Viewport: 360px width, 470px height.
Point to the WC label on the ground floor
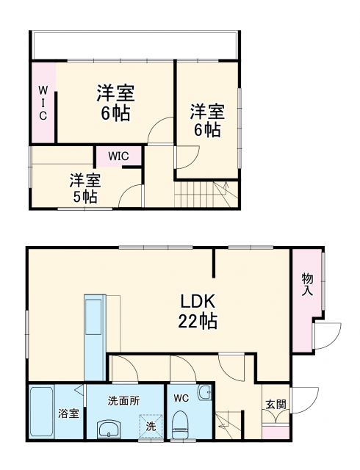(x=181, y=399)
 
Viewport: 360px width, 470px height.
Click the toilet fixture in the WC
(x=180, y=424)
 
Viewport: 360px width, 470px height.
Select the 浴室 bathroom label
(x=68, y=413)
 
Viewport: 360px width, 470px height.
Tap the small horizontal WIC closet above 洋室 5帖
(x=119, y=156)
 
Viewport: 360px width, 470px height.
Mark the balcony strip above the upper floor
(x=132, y=46)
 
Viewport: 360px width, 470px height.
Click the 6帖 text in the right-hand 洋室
(x=206, y=131)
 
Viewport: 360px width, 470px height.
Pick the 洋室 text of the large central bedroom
(x=116, y=94)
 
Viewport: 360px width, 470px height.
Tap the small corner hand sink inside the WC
(x=204, y=393)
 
